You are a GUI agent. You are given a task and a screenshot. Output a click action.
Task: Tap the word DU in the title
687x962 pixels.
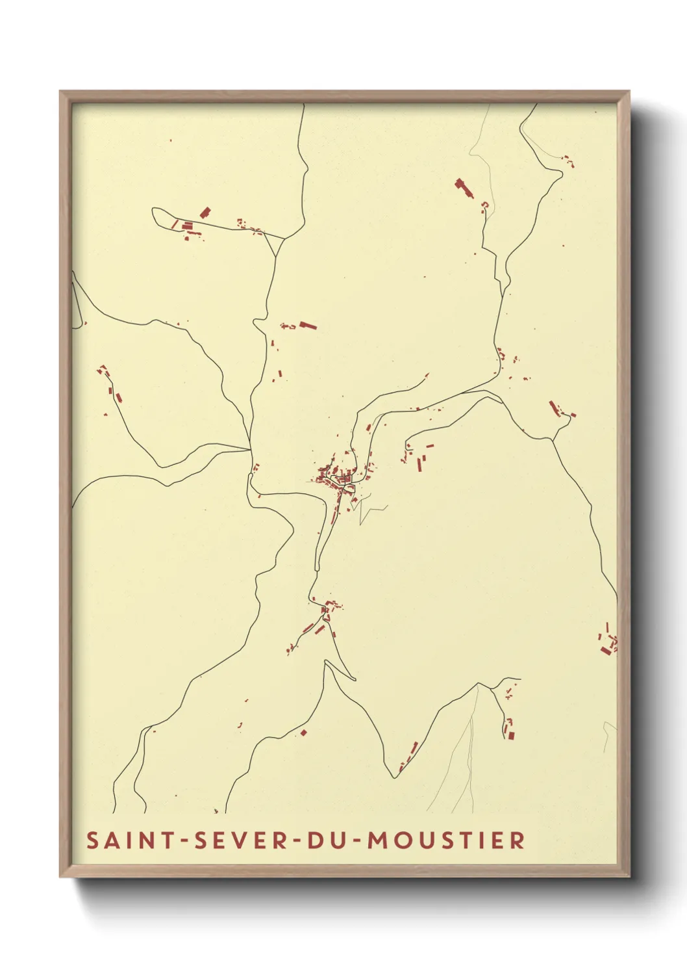323,840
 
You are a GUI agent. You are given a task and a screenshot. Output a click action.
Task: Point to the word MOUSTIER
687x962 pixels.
446,840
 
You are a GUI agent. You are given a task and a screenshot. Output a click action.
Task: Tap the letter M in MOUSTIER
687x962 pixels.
379,840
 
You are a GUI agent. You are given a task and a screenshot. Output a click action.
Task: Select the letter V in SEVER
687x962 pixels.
242,840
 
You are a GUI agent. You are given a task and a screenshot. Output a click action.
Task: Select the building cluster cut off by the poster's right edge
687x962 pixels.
608,640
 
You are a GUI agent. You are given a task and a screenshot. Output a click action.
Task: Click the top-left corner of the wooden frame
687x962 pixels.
60,92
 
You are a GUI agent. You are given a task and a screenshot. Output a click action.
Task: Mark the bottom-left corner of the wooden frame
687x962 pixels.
60,877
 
